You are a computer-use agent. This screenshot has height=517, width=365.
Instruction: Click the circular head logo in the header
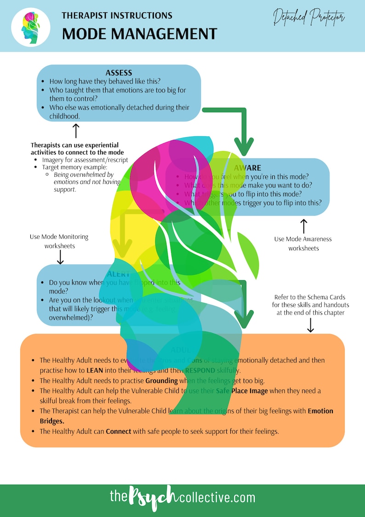(x=31, y=27)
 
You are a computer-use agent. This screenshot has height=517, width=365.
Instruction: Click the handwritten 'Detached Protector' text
(x=308, y=18)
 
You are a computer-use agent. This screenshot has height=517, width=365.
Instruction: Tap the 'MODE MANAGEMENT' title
(x=139, y=34)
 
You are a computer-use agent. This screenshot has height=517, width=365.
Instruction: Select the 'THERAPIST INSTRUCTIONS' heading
(x=117, y=15)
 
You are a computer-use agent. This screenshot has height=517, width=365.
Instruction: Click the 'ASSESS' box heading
(x=119, y=73)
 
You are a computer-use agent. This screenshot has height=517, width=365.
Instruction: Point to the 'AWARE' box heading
(x=247, y=168)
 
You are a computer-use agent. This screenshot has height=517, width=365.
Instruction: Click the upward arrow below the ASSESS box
(x=76, y=131)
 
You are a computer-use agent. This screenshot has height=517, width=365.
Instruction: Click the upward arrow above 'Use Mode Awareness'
(x=303, y=226)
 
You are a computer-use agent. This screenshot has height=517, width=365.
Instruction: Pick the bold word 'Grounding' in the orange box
(x=161, y=381)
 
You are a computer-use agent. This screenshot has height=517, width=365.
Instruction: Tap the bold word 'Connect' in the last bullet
(x=119, y=431)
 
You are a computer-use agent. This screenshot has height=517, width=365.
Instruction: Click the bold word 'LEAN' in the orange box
(x=94, y=370)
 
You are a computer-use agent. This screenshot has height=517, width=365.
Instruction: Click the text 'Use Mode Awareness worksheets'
(x=303, y=244)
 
